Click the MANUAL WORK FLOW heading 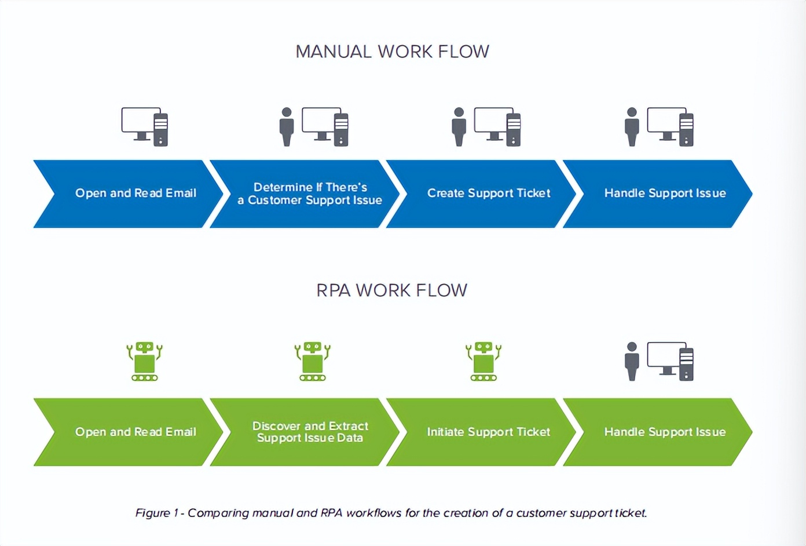[392, 52]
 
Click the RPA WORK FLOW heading [391, 290]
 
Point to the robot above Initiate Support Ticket [483, 361]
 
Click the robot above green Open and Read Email [145, 361]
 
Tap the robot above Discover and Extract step [313, 361]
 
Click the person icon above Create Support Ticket [459, 126]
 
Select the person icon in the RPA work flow [632, 361]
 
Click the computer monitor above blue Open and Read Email [140, 122]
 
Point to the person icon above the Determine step [287, 126]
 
